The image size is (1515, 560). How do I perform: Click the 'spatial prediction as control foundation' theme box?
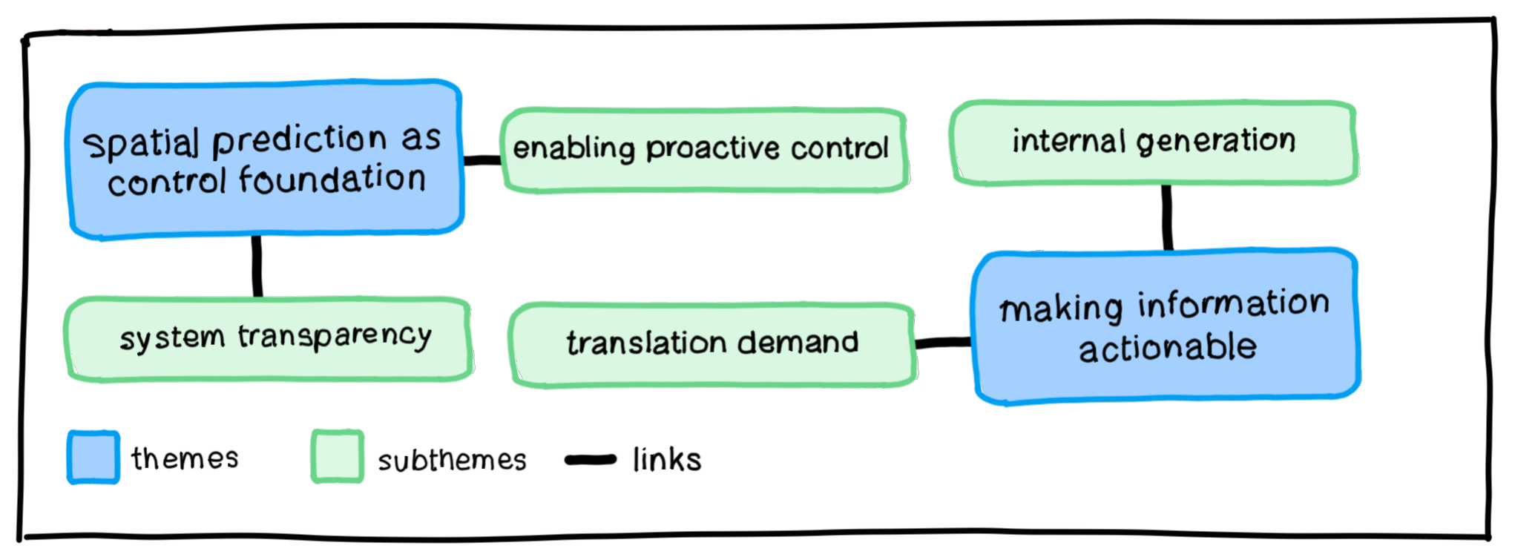265,160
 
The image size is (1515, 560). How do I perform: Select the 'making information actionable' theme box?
1165,326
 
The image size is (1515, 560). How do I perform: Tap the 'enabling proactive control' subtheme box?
703,151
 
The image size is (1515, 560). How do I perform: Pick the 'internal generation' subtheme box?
1154,142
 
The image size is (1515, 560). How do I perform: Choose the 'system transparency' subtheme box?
269,339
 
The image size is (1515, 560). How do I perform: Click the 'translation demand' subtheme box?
712,344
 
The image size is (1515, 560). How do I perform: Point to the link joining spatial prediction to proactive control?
482,160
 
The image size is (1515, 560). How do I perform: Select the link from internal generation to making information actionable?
1167,217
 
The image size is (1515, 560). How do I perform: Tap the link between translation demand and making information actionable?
943,343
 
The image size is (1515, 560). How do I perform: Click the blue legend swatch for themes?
93,457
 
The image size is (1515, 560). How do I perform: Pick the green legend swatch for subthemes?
338,456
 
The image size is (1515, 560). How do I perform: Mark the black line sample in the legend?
591,460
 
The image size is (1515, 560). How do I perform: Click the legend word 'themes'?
185,458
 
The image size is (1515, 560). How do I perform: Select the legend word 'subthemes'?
452,461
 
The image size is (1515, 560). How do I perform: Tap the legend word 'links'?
667,460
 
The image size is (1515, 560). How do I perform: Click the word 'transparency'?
335,337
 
